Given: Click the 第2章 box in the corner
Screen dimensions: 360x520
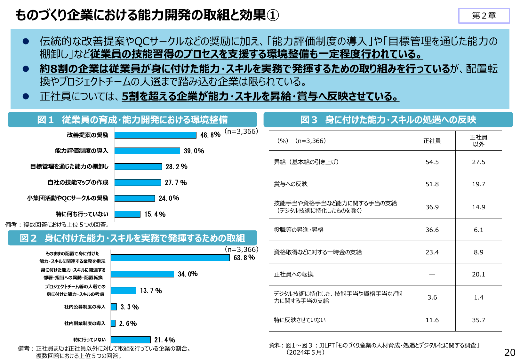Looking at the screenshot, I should [x=484, y=16].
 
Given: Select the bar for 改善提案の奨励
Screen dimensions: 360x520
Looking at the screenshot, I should [x=155, y=135].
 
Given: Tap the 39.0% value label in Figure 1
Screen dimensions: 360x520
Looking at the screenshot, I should [x=194, y=151].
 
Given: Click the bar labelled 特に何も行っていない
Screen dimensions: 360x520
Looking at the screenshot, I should [x=127, y=214].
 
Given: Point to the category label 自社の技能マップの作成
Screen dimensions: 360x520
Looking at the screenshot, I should [x=78, y=182].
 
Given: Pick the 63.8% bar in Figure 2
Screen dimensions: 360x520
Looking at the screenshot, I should [x=170, y=258].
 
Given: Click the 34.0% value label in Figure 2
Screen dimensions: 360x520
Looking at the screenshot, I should [x=188, y=274].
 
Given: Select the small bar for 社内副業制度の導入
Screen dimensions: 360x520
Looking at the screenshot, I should [x=113, y=323].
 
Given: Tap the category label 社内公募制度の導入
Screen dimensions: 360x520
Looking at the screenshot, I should [x=84, y=307].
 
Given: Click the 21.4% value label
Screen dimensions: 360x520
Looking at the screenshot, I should [x=164, y=340].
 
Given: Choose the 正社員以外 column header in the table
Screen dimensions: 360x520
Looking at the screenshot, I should [x=478, y=141].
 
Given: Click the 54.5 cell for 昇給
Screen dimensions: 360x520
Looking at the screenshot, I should [x=432, y=162].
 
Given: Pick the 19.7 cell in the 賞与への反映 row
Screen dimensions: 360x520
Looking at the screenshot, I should [x=478, y=184].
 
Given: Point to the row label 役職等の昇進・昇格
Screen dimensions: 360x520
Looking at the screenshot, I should [x=299, y=230].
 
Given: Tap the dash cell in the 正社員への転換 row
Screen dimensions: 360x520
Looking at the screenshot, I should [x=432, y=274].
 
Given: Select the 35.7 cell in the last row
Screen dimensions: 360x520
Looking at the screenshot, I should [x=478, y=320].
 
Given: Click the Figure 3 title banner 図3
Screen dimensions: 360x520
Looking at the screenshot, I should [x=388, y=120].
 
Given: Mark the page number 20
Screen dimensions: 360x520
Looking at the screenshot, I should [x=509, y=352].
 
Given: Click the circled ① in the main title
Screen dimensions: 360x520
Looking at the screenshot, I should [x=273, y=15].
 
